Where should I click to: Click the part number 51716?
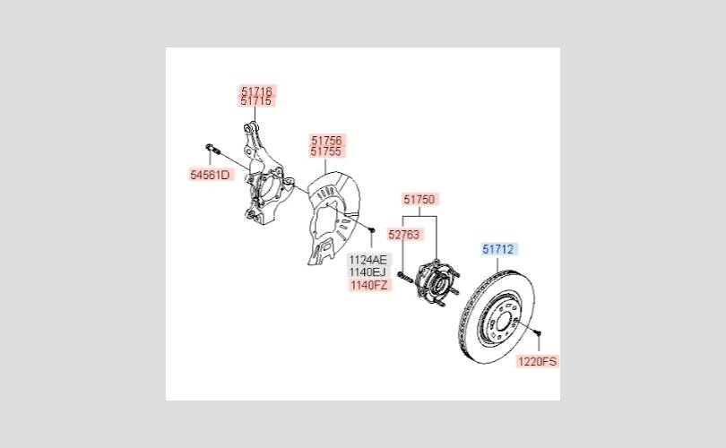(x=256, y=90)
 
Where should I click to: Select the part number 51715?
(x=256, y=102)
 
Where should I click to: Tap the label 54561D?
(x=210, y=175)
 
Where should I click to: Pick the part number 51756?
(x=327, y=141)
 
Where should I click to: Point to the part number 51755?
(x=327, y=152)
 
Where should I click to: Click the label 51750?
(x=419, y=200)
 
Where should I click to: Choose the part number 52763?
(x=403, y=235)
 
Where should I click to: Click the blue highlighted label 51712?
(x=498, y=248)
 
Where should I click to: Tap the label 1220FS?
(x=537, y=362)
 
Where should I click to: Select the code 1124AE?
(x=368, y=259)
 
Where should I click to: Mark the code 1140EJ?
(x=368, y=271)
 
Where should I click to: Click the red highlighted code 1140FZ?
(x=368, y=285)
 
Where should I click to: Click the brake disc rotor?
(x=495, y=314)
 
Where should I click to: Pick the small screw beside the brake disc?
(x=538, y=334)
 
